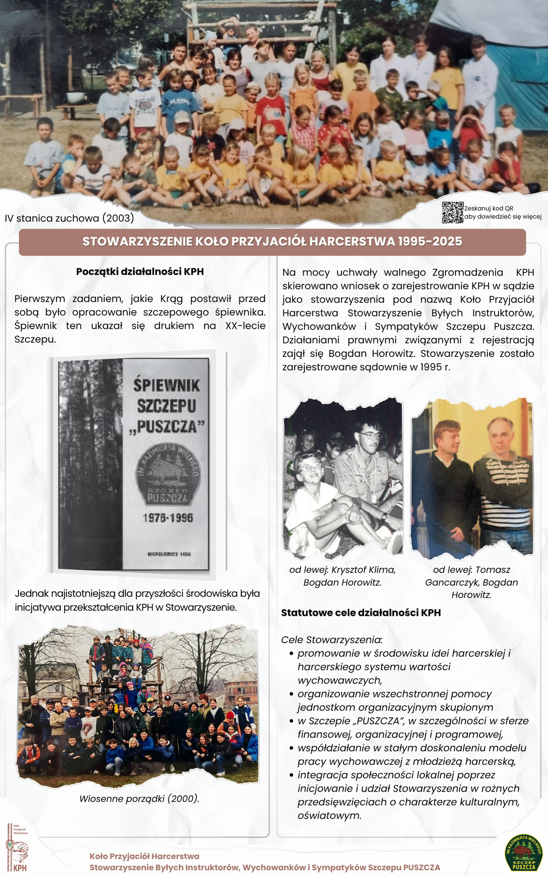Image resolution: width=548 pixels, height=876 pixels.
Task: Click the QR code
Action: pos(452,212)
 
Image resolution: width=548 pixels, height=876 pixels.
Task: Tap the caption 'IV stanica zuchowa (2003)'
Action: pos(70,218)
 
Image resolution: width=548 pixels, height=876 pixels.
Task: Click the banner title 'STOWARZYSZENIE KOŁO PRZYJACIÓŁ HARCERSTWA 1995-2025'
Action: pos(272,242)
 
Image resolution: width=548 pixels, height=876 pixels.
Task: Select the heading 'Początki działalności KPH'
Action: pos(140,271)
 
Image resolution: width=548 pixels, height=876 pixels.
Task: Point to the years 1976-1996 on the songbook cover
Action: pos(167,518)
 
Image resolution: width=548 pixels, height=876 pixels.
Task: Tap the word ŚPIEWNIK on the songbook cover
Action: pos(167,385)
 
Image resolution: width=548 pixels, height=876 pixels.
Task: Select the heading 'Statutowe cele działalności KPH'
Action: pos(361,612)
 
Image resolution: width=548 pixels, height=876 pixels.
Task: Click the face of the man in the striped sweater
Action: pos(501,437)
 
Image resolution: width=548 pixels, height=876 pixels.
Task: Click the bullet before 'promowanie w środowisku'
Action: pos(291,653)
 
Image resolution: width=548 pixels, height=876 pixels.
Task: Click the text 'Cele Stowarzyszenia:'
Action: pos(331,639)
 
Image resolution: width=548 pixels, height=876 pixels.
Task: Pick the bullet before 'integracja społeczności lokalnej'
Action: pos(291,775)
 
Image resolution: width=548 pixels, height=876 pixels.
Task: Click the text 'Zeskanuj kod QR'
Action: pos(488,208)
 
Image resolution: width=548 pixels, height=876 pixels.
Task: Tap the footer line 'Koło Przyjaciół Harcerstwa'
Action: pos(144,856)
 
